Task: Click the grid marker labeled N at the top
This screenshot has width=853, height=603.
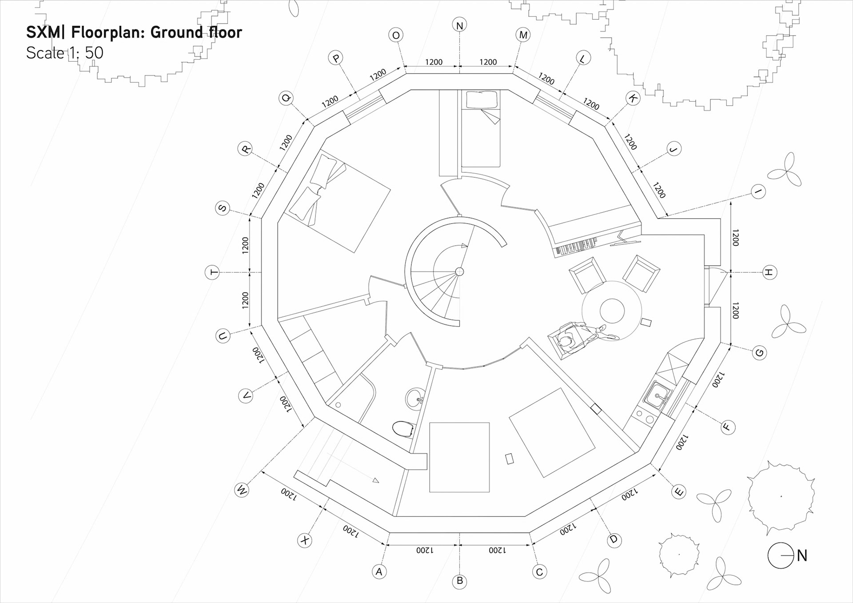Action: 460,25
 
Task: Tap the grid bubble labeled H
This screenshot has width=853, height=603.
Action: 769,272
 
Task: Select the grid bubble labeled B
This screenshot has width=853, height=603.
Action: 460,581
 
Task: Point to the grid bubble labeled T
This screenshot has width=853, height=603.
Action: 212,272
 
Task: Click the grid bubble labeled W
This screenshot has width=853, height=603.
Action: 242,490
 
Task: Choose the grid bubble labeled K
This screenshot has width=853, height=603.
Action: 633,99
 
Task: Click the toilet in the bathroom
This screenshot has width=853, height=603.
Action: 403,429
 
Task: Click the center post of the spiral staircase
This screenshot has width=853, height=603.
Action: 460,272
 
